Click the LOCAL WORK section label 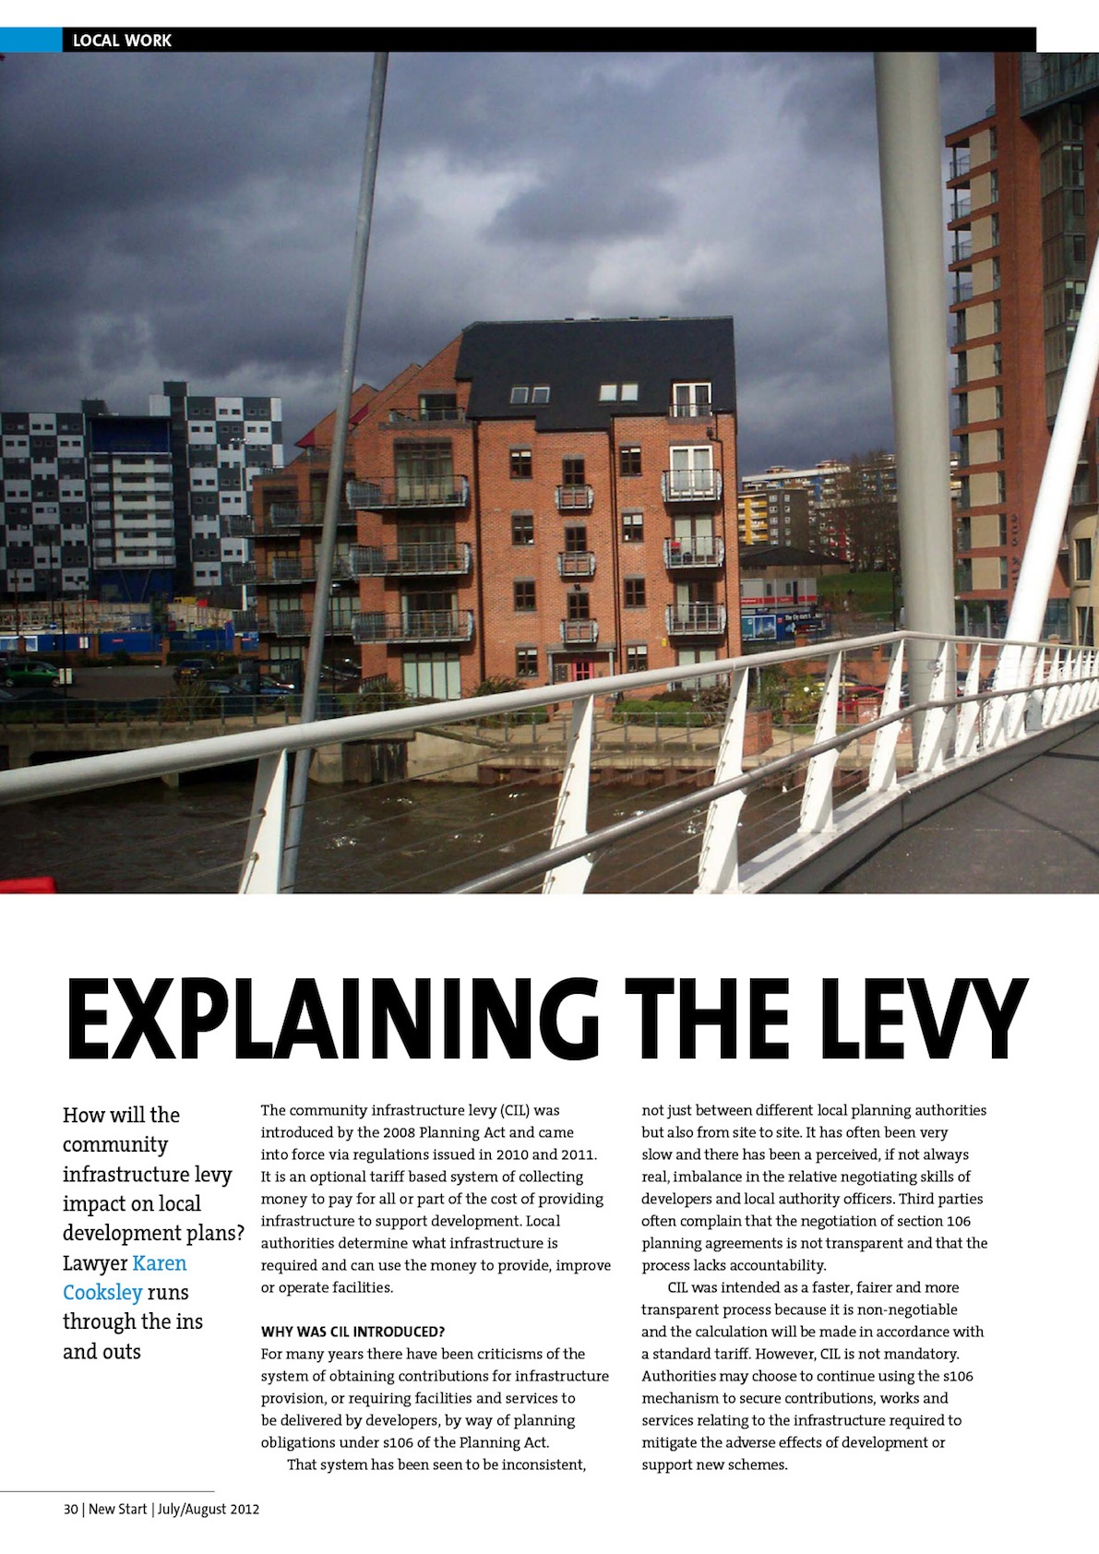[x=122, y=41]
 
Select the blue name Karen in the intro [x=160, y=1263]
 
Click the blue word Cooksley [x=102, y=1293]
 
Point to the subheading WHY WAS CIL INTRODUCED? [x=352, y=1332]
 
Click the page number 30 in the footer [x=70, y=1510]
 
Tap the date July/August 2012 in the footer [x=209, y=1510]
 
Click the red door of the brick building [x=582, y=669]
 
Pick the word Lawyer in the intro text [x=94, y=1263]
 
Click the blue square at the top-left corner [x=30, y=40]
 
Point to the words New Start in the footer [x=117, y=1510]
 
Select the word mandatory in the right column [x=923, y=1354]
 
